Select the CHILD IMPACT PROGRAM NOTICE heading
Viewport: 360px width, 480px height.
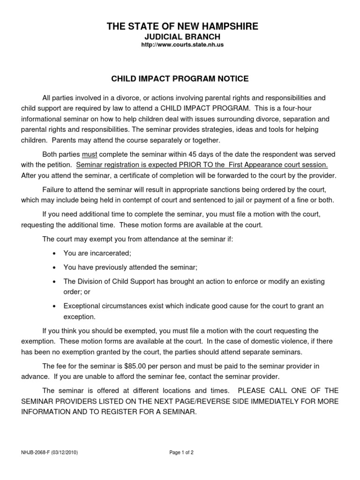point(180,78)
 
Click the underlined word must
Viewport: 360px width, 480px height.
point(89,154)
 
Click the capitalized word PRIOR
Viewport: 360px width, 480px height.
point(189,165)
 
